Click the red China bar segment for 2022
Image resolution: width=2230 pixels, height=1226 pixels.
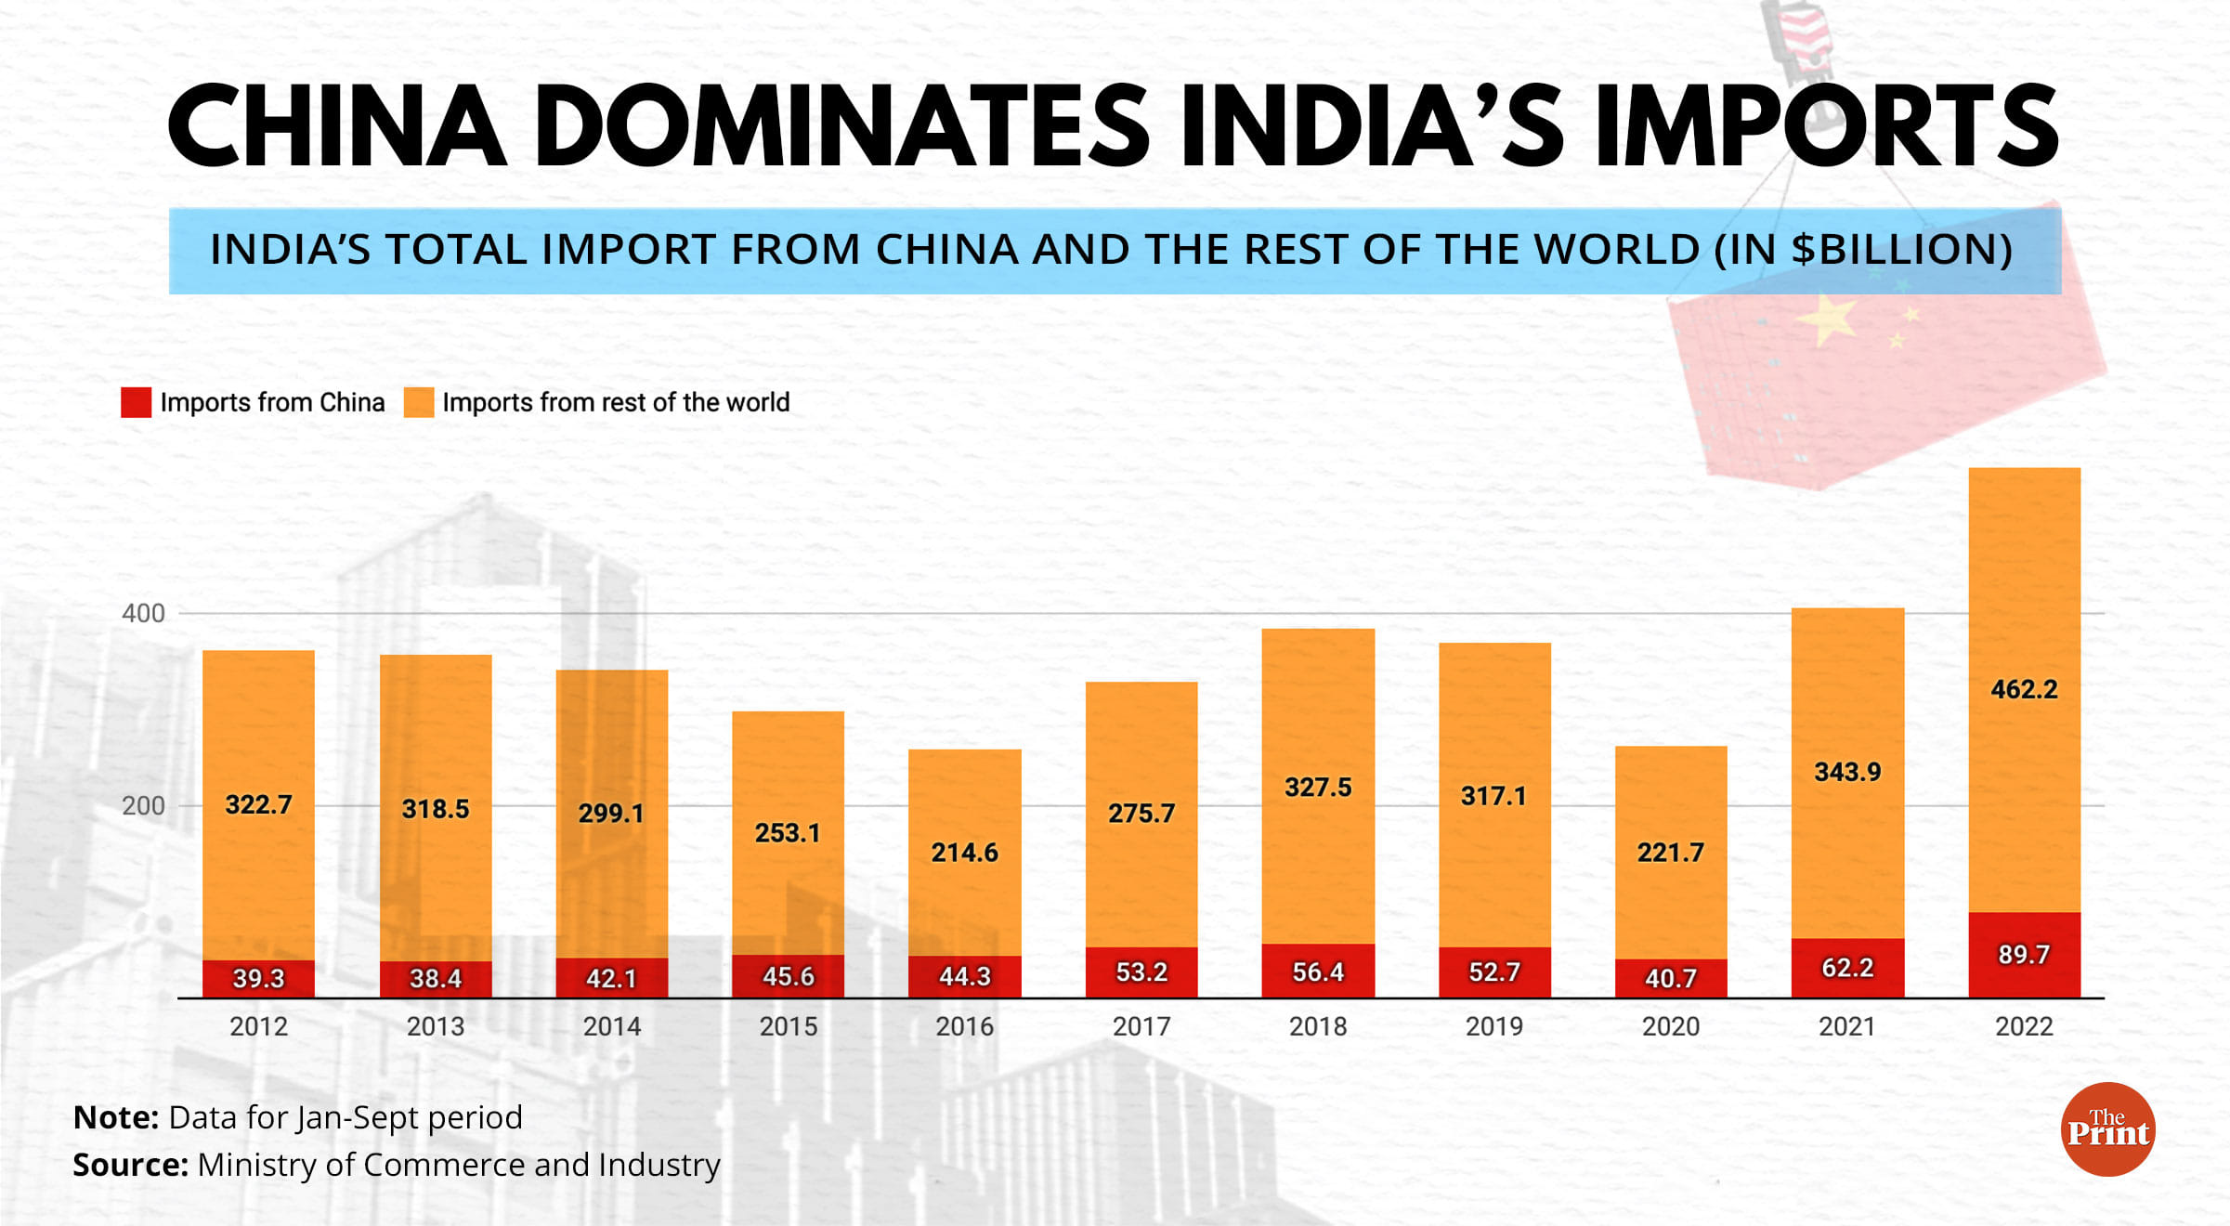pyautogui.click(x=2024, y=955)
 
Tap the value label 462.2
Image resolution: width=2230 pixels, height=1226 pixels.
pyautogui.click(x=2024, y=689)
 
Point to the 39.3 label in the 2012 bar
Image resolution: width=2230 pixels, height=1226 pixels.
pyautogui.click(x=258, y=978)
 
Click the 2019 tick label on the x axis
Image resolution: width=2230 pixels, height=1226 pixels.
pyautogui.click(x=1493, y=1026)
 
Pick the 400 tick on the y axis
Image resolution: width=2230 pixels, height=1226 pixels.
pyautogui.click(x=143, y=613)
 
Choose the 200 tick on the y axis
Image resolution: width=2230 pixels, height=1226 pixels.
pyautogui.click(x=143, y=805)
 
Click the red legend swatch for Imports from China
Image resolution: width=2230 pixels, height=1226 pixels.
pyautogui.click(x=136, y=402)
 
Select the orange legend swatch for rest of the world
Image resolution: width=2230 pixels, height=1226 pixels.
pyautogui.click(x=419, y=402)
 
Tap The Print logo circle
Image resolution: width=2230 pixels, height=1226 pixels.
pyautogui.click(x=2107, y=1129)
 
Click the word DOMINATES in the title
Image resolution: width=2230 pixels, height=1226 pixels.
pyautogui.click(x=841, y=127)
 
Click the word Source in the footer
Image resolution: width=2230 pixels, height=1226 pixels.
pyautogui.click(x=130, y=1165)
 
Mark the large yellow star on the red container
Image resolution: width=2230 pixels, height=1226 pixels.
pyautogui.click(x=1827, y=320)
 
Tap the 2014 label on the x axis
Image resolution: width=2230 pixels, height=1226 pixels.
pyautogui.click(x=611, y=1026)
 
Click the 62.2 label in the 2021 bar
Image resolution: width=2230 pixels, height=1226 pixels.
pyautogui.click(x=1847, y=968)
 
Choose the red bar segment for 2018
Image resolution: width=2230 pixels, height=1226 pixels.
pyautogui.click(x=1318, y=972)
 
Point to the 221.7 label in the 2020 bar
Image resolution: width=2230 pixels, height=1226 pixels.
pyautogui.click(x=1670, y=853)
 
